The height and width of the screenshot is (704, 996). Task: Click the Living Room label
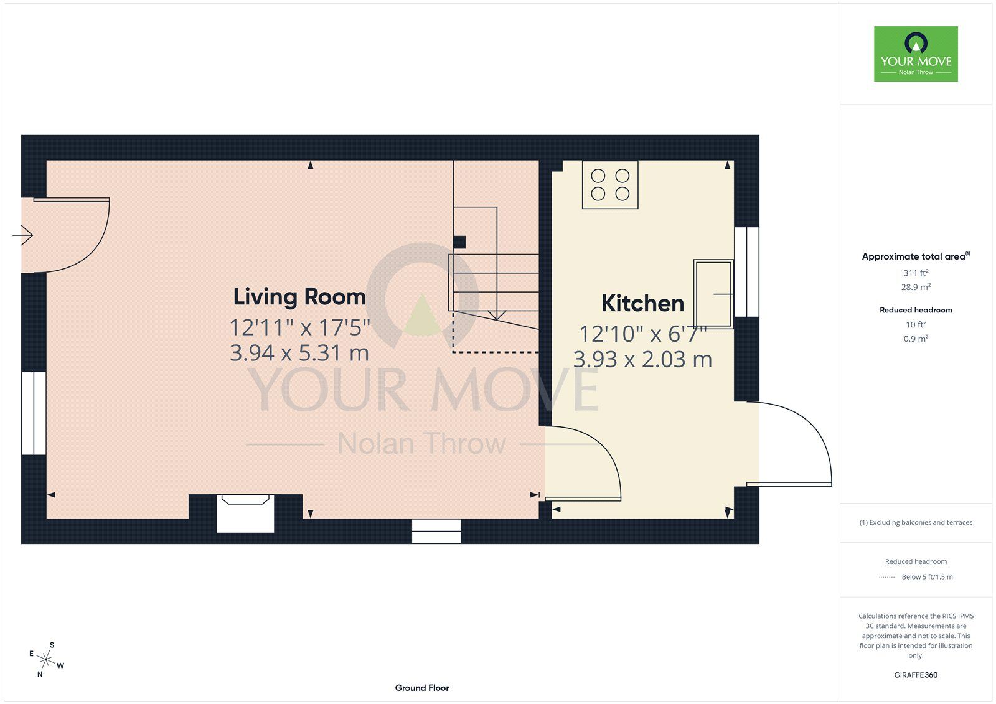coord(299,297)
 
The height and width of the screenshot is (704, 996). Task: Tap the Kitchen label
coord(642,303)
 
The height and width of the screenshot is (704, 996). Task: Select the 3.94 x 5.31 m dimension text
coord(299,353)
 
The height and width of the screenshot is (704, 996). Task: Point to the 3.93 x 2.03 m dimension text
coord(642,359)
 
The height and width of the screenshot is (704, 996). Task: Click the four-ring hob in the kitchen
coord(610,185)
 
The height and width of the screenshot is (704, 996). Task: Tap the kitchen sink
coord(713,294)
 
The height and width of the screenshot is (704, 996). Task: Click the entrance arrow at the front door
coord(22,235)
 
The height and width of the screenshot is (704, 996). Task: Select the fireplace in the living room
coord(245,513)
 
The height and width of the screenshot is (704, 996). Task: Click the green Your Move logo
coord(916,54)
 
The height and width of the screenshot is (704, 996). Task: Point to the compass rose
coord(46,660)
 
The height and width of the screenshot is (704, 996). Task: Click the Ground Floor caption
coord(422,688)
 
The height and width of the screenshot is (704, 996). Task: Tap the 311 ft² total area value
coord(916,273)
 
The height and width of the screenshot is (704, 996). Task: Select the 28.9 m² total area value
coord(916,287)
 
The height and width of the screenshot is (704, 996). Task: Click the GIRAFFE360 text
coord(916,675)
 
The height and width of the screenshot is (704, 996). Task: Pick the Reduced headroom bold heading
coord(916,310)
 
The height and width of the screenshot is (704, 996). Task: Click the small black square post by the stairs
coord(459,242)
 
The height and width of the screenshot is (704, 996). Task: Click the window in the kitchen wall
coord(746,272)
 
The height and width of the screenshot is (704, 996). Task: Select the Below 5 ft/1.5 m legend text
coord(927,577)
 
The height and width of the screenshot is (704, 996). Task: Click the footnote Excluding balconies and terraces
coord(916,522)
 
